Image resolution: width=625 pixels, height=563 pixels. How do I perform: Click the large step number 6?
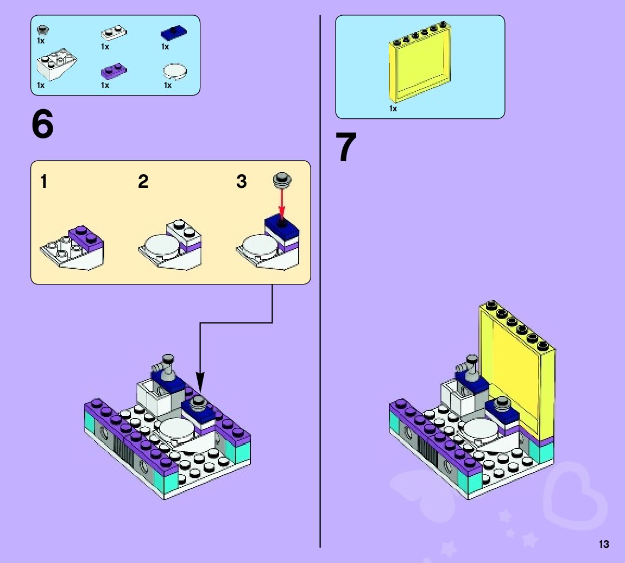(x=43, y=125)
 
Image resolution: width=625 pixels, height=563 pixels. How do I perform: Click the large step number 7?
(x=346, y=147)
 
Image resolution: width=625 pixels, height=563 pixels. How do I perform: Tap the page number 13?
(x=604, y=544)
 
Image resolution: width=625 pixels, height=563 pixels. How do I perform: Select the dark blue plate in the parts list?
(x=173, y=34)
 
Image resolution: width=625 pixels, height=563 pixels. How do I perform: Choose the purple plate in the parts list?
(x=113, y=70)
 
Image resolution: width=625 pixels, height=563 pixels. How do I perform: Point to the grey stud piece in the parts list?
(x=41, y=29)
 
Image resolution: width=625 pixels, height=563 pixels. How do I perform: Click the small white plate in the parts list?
(x=113, y=33)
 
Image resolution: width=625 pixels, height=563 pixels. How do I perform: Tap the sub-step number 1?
(x=44, y=182)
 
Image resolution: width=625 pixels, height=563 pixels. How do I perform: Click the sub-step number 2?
(x=143, y=182)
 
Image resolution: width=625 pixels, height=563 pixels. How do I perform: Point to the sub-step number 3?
(x=242, y=182)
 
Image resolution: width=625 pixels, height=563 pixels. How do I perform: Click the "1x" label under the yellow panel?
(x=393, y=109)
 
